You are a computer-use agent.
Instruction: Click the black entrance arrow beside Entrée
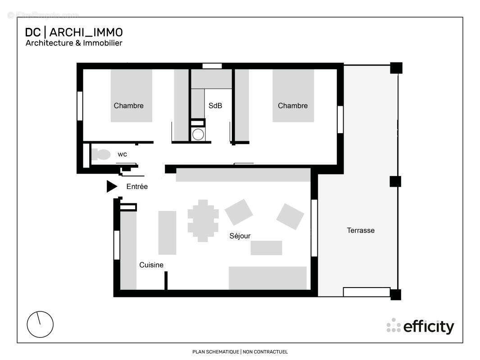click(111, 186)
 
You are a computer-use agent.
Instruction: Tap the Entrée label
click(137, 186)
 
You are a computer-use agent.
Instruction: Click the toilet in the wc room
click(101, 155)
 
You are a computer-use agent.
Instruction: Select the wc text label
click(122, 154)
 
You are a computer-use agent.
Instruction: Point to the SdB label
click(215, 106)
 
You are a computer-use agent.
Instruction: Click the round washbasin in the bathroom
click(198, 134)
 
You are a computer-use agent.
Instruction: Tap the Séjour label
click(240, 236)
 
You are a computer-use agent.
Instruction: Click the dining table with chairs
click(203, 220)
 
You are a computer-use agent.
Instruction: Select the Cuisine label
click(151, 265)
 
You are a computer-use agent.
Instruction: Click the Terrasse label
click(361, 230)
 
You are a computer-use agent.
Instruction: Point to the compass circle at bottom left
click(40, 324)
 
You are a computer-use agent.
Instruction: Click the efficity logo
click(421, 327)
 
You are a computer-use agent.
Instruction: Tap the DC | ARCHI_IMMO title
click(74, 32)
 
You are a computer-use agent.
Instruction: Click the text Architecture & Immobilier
click(74, 43)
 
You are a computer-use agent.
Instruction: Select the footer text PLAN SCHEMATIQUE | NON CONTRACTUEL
click(240, 352)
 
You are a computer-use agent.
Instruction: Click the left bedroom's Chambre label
click(129, 106)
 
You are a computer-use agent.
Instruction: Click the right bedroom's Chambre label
click(293, 106)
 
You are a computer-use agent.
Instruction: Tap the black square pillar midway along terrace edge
click(395, 181)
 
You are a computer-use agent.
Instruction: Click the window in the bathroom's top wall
click(212, 66)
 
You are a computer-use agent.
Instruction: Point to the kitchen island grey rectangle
click(167, 233)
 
